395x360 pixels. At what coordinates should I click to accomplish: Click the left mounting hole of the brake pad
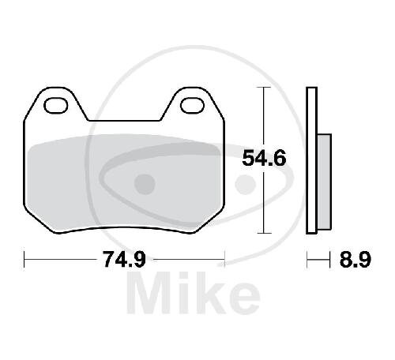56,106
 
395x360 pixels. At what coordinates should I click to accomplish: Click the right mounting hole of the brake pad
193,106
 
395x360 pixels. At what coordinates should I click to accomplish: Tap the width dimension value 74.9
124,260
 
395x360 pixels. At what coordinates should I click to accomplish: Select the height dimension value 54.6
264,158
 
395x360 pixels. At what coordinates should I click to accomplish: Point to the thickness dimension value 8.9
355,260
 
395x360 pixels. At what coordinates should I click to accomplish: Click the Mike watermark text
194,294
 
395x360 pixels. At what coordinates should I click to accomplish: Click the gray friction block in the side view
325,182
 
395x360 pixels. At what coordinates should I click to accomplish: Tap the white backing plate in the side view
312,160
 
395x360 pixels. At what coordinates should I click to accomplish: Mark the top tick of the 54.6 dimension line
264,87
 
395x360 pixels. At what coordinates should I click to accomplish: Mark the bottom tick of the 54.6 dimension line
264,233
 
